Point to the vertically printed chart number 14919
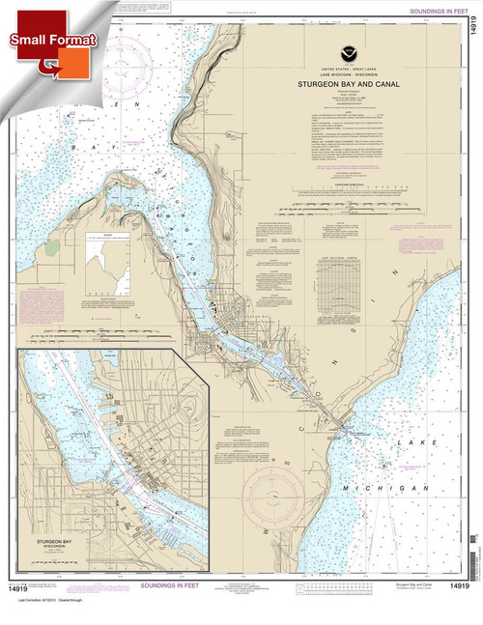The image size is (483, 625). (x=471, y=22)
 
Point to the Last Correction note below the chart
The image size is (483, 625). (x=58, y=615)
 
